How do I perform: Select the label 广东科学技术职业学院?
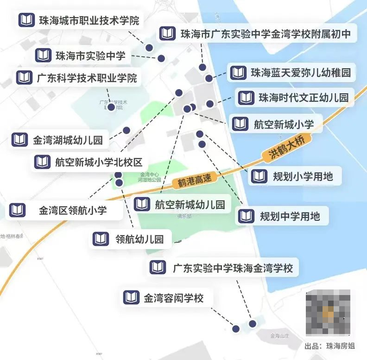click(x=87, y=78)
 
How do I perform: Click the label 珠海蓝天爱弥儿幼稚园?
click(x=300, y=73)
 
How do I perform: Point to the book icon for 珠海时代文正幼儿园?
click(x=246, y=98)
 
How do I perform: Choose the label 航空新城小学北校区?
click(x=98, y=162)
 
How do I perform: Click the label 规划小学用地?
click(x=303, y=176)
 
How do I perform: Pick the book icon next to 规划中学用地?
click(x=246, y=216)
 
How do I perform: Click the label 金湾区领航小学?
click(x=73, y=210)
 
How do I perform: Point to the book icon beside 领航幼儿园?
click(x=101, y=239)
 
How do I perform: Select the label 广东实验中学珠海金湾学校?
click(x=233, y=268)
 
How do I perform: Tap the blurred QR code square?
click(x=328, y=312)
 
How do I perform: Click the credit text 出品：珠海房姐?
click(x=329, y=346)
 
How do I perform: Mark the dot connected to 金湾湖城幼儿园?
click(x=126, y=130)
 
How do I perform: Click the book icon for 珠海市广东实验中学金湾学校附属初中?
click(x=167, y=34)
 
